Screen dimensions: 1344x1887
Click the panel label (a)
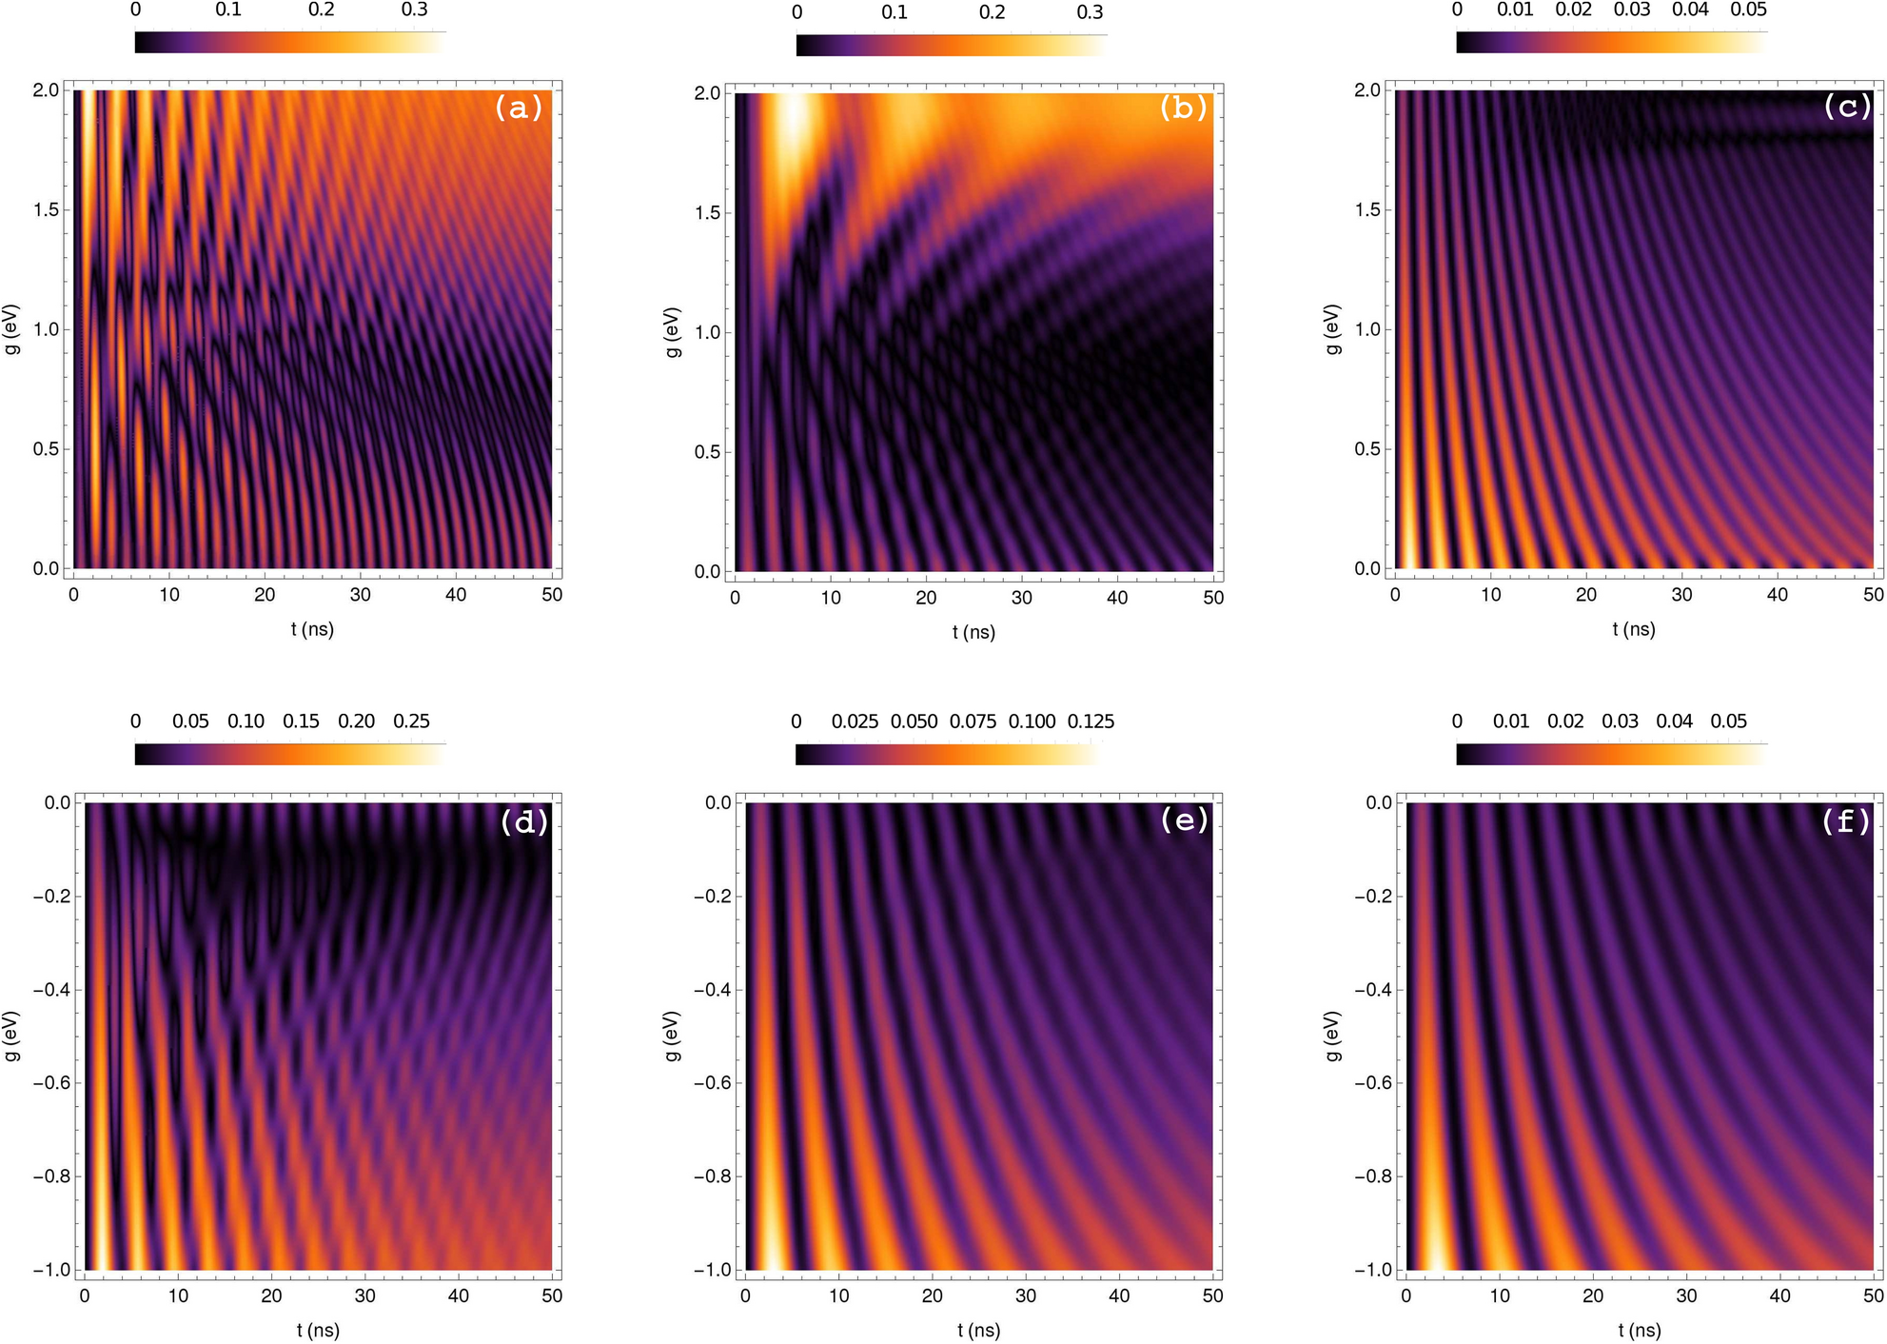point(518,108)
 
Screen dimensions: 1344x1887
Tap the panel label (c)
point(1845,106)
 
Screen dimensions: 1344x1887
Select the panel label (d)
point(523,821)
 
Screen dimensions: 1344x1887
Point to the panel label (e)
point(1184,819)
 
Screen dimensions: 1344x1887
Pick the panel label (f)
point(1845,820)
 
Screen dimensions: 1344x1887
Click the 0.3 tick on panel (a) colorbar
point(414,10)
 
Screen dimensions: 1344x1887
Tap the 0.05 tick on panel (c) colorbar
point(1748,10)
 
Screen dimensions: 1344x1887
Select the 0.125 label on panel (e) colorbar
point(1091,721)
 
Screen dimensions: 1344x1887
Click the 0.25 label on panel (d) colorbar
point(411,721)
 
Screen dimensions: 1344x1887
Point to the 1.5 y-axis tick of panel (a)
point(46,209)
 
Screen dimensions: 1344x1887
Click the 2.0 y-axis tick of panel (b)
point(707,93)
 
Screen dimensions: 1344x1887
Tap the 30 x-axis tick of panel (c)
point(1681,595)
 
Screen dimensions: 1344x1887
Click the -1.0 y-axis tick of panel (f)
point(1372,1270)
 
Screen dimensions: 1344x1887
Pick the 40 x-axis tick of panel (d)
point(458,1295)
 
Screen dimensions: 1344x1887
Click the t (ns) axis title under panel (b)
point(973,632)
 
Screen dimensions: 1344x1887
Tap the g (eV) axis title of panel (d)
point(11,1036)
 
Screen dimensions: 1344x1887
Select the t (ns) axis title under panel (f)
point(1639,1330)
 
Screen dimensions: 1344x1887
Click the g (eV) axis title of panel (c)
point(1332,329)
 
